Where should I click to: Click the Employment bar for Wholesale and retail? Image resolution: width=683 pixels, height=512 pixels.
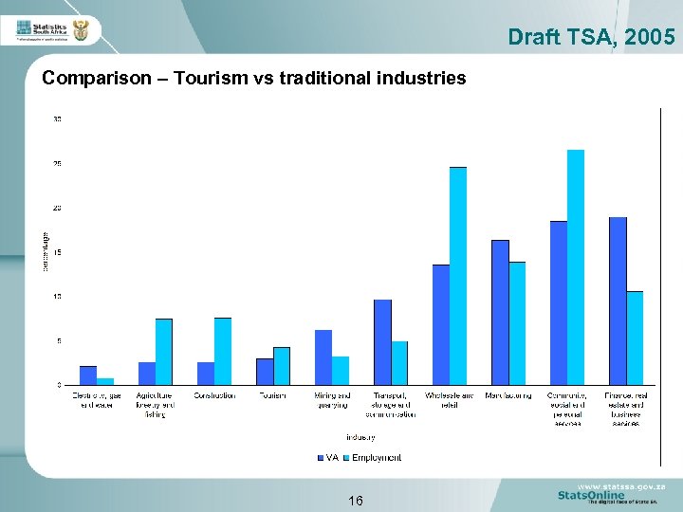(x=458, y=275)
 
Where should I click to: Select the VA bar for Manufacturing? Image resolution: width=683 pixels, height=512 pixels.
(x=500, y=312)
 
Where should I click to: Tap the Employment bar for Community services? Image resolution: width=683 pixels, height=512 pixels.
(x=576, y=266)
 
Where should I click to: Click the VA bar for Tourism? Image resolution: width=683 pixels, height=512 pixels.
(x=265, y=371)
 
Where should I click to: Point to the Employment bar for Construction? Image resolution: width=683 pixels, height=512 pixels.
(x=223, y=351)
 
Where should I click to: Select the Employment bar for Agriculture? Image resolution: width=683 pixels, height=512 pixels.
(x=164, y=351)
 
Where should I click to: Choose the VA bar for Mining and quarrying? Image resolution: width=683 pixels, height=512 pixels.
(x=323, y=357)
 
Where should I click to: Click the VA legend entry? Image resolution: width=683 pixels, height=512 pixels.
(x=326, y=458)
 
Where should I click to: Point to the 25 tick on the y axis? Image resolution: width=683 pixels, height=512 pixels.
(x=58, y=163)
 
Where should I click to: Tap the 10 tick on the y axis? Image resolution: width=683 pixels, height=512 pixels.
(x=58, y=296)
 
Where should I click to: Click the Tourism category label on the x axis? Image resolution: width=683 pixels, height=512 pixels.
(x=272, y=395)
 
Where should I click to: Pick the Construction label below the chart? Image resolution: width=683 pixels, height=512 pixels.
(x=214, y=395)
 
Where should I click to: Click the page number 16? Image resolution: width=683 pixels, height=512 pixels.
(x=355, y=501)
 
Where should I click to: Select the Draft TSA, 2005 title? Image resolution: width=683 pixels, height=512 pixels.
(x=591, y=37)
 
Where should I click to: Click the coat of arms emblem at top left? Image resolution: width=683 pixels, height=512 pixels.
(x=81, y=31)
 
